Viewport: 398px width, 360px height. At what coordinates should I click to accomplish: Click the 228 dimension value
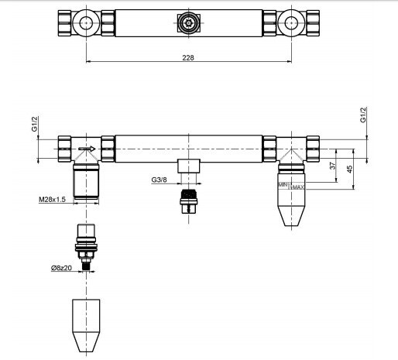point(188,57)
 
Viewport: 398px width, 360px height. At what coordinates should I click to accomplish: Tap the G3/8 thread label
point(159,180)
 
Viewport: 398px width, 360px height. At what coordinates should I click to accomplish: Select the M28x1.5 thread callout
point(52,199)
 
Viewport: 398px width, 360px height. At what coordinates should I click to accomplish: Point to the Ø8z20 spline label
point(61,268)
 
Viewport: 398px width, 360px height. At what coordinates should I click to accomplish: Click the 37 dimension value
point(333,165)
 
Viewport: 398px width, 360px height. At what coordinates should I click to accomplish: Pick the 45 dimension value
point(349,169)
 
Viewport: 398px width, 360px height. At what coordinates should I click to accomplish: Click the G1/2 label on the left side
point(35,124)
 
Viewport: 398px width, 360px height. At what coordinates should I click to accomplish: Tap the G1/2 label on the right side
point(363,115)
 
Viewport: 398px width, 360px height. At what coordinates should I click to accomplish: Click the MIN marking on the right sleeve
point(283,184)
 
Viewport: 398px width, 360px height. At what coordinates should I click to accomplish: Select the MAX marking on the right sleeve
point(297,187)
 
